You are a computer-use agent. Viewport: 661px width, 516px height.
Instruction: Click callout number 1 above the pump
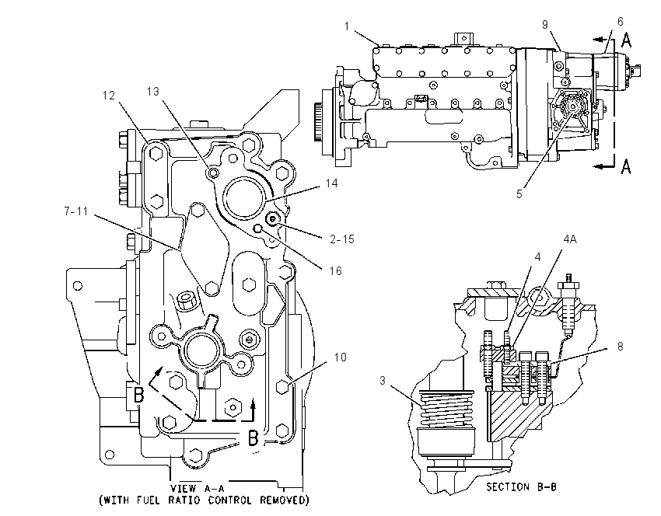pyautogui.click(x=347, y=26)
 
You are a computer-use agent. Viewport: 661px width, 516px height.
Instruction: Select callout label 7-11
pyautogui.click(x=76, y=211)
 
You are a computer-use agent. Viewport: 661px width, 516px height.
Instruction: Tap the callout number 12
pyautogui.click(x=109, y=96)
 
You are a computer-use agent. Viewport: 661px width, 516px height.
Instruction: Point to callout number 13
pyautogui.click(x=153, y=92)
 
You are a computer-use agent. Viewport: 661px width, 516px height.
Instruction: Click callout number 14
pyautogui.click(x=332, y=183)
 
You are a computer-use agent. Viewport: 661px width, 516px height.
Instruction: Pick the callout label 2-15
pyautogui.click(x=342, y=239)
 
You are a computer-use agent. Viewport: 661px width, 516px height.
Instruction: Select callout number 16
pyautogui.click(x=336, y=271)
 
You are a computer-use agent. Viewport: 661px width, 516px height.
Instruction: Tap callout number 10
pyautogui.click(x=340, y=357)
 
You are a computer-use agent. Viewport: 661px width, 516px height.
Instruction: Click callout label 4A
pyautogui.click(x=570, y=239)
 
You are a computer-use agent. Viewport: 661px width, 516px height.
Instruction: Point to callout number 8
pyautogui.click(x=620, y=347)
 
